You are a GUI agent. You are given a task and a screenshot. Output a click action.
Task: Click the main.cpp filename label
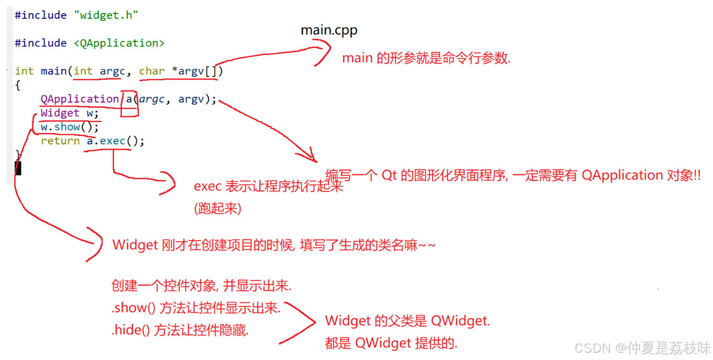329,30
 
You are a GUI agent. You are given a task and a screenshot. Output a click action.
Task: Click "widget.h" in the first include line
109,15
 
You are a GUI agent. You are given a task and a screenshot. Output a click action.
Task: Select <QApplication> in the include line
119,43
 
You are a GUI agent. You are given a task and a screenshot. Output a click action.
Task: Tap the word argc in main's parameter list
112,71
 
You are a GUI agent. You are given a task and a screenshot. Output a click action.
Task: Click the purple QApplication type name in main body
80,99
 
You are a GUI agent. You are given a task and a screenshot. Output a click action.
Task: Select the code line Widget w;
70,113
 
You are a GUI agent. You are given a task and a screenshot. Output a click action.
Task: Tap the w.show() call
70,127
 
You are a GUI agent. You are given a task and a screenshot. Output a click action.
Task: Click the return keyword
60,141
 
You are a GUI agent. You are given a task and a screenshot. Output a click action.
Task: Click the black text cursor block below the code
18,168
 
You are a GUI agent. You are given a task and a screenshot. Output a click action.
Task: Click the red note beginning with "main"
426,58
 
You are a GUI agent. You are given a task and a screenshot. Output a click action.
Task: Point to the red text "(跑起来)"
218,208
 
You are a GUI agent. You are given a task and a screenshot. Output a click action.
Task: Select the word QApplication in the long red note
622,175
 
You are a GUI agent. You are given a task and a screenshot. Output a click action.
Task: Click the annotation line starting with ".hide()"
180,331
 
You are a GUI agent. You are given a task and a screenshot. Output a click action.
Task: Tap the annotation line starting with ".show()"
196,308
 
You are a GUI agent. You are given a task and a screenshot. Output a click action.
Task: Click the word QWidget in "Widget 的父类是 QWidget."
460,321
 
